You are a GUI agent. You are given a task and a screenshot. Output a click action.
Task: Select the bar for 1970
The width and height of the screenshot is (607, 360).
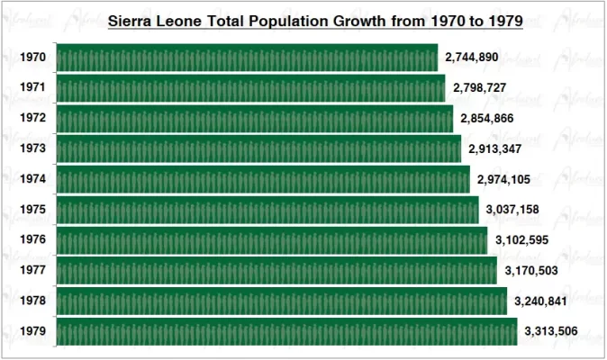[x=247, y=58]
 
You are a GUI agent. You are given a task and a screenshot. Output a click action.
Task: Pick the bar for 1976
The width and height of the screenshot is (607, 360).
[x=272, y=240]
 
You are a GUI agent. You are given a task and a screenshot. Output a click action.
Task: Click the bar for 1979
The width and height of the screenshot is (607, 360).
[x=286, y=331]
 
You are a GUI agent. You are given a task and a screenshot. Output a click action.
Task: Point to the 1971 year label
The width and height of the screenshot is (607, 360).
[x=33, y=88]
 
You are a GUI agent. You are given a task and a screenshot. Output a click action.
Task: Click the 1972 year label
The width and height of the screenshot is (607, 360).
[x=33, y=119]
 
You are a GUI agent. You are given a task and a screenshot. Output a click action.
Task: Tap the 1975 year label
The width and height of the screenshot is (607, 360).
[x=33, y=211]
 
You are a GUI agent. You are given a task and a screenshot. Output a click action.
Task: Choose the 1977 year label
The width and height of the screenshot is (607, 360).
[x=33, y=271]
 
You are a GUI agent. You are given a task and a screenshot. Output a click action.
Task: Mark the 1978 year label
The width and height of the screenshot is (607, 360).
[x=33, y=301]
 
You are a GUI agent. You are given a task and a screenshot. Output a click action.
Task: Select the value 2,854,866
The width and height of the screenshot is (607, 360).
[x=486, y=119]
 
